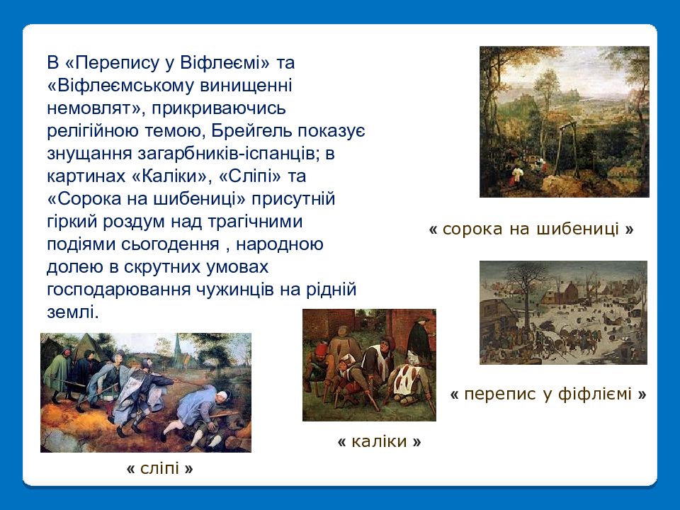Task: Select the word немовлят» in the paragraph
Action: (x=96, y=108)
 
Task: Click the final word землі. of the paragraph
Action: (x=73, y=312)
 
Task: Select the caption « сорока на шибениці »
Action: (x=531, y=229)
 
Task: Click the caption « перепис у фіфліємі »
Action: (x=548, y=394)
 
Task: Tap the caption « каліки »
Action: (x=379, y=441)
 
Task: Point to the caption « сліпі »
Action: (x=159, y=468)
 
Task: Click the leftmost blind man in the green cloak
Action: (x=58, y=373)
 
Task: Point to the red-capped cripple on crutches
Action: (x=321, y=368)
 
